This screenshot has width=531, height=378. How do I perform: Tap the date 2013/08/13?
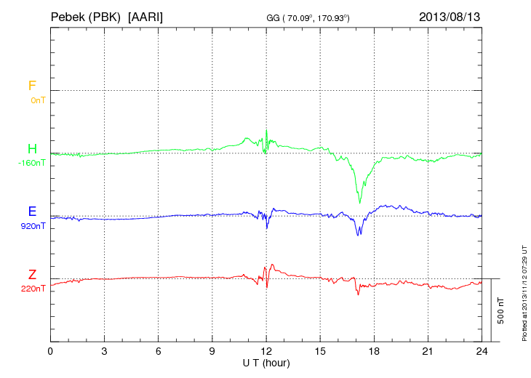coord(450,16)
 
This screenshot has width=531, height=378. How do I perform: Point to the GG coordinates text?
coord(308,17)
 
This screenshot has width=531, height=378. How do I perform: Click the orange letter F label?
coord(32,86)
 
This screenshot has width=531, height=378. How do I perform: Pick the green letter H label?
coord(32,149)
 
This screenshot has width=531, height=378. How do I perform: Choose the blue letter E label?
coord(32,212)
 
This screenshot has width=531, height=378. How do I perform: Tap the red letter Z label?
coord(32,275)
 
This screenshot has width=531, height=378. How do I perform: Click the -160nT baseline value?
coord(31,163)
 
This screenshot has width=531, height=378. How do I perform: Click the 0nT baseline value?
coord(37,100)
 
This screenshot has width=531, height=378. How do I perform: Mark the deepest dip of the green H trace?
coord(359,203)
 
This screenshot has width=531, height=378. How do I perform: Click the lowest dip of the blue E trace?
coord(358,235)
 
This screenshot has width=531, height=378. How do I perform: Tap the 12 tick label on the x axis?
coord(266,351)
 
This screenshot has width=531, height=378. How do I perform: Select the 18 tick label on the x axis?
coord(374,351)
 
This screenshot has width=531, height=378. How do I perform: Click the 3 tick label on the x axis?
coord(104,351)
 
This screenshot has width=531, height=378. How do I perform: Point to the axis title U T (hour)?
coord(266,363)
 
